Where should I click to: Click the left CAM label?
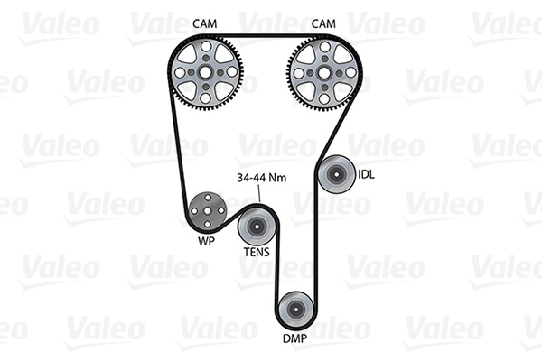[205, 23]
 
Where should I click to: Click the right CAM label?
[323, 23]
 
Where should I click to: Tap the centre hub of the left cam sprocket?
[205, 72]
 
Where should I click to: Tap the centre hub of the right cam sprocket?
[324, 73]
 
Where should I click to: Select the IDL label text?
[366, 174]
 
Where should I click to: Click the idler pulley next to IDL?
[336, 174]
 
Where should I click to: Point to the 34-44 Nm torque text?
[262, 178]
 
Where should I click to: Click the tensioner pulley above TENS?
[257, 227]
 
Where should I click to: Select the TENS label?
[257, 252]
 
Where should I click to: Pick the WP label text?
[206, 241]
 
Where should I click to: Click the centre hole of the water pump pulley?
[208, 210]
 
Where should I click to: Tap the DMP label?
[294, 338]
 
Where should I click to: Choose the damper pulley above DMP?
[296, 310]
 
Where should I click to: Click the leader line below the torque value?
[259, 193]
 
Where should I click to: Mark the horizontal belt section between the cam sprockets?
[265, 35]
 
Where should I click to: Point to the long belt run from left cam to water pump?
[178, 145]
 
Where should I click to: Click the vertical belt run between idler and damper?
[315, 242]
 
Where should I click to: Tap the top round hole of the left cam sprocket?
[206, 46]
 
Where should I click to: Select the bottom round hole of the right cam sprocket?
[324, 99]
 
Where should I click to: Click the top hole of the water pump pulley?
[208, 198]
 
